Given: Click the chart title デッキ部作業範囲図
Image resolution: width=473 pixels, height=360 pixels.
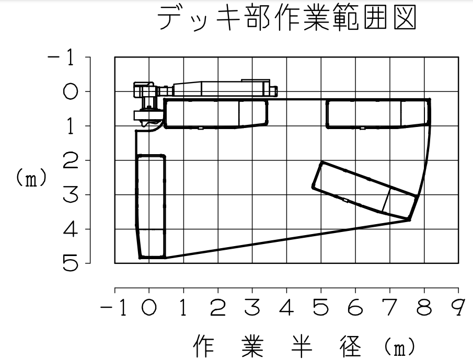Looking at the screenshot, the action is (x=287, y=18).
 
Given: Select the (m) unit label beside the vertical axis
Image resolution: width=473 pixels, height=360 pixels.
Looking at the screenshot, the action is (x=31, y=178).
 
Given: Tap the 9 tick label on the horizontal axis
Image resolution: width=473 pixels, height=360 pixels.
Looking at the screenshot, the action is (x=458, y=308).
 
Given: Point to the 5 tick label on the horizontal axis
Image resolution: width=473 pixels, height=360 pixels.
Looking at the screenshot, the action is (x=321, y=308).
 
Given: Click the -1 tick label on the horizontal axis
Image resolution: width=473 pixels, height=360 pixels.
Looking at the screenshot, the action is (x=113, y=308).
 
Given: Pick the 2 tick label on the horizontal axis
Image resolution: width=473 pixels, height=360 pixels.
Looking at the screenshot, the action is (x=218, y=308).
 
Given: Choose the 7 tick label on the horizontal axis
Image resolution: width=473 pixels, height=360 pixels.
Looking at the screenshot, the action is (x=390, y=308).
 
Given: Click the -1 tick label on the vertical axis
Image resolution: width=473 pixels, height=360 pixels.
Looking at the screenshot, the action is (x=61, y=57).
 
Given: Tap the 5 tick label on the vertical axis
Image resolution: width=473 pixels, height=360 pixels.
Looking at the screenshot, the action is (x=70, y=263).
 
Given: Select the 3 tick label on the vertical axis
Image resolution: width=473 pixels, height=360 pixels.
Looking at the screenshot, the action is (x=70, y=194).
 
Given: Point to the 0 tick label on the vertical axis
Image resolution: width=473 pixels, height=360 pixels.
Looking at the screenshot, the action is (x=70, y=91).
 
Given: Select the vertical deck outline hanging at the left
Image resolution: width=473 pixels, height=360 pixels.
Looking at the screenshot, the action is (x=151, y=206).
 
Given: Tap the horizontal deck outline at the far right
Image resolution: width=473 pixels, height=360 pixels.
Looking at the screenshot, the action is (x=378, y=114).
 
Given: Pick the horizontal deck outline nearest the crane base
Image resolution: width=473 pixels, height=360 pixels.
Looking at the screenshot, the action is (x=216, y=114).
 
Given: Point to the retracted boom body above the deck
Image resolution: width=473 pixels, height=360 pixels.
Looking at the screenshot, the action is (x=225, y=89).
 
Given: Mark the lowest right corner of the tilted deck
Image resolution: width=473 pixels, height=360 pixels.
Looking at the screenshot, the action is (x=409, y=219).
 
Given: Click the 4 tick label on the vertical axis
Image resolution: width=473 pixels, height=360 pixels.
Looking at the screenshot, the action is (x=70, y=229).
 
